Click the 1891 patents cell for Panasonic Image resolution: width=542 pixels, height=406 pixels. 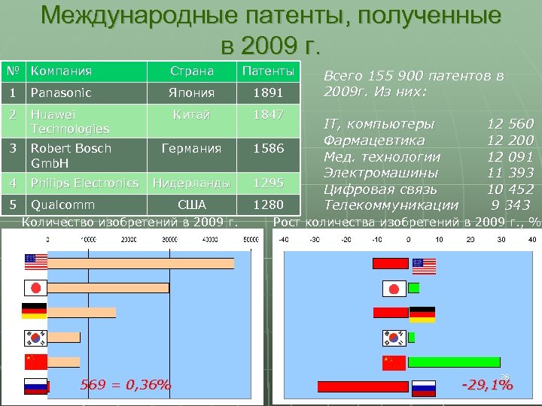click(x=268, y=93)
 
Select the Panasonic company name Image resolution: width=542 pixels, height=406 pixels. click(x=60, y=93)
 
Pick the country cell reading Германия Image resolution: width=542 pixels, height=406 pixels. click(x=192, y=148)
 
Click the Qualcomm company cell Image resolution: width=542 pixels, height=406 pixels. click(x=62, y=205)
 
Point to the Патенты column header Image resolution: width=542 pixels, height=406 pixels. click(x=268, y=71)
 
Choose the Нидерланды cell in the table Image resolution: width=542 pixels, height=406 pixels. click(x=192, y=183)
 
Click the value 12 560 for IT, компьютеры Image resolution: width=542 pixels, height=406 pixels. click(x=510, y=123)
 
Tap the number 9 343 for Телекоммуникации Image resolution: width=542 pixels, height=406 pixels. click(x=512, y=205)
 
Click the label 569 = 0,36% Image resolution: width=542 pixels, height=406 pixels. click(x=125, y=386)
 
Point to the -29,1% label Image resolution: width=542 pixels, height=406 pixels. click(x=487, y=386)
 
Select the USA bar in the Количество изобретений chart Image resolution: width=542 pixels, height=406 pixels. click(x=141, y=263)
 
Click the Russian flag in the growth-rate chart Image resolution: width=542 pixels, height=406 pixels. click(x=424, y=386)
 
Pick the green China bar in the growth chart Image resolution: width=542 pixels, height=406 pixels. click(x=453, y=362)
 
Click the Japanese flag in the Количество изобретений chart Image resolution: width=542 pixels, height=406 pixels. click(x=35, y=288)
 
